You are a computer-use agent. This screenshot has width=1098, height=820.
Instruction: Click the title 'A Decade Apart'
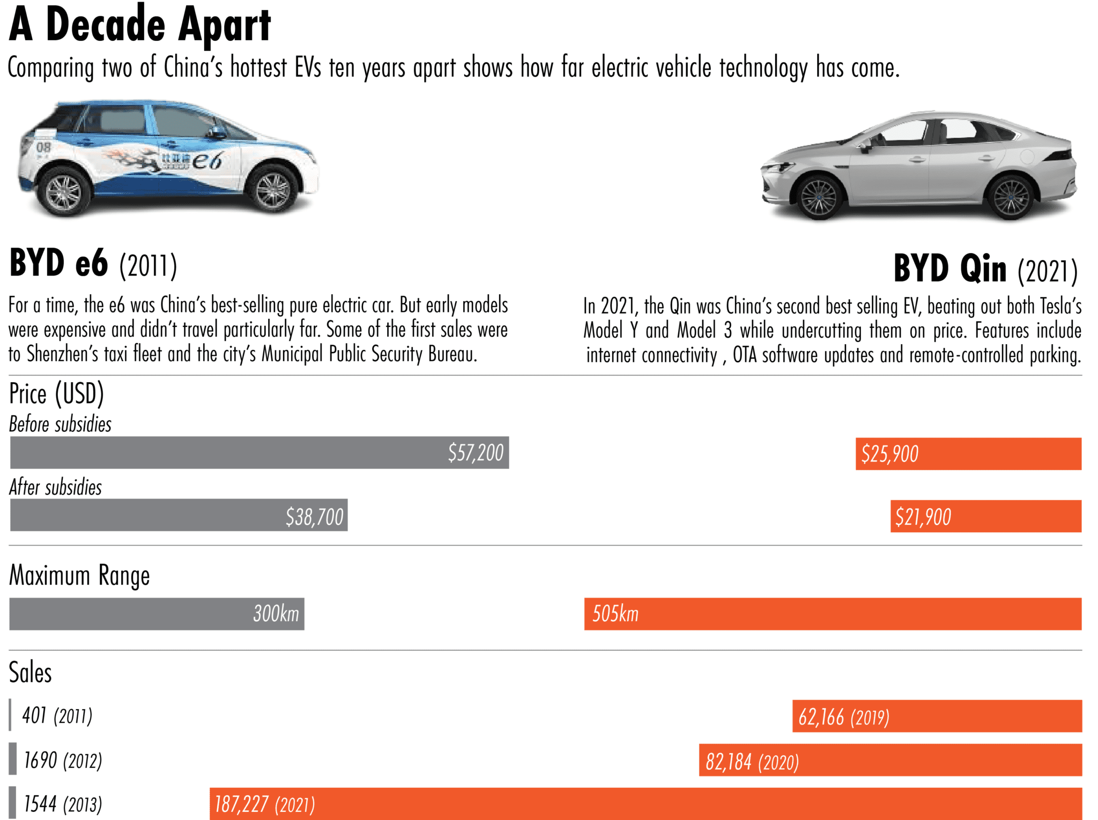(x=140, y=24)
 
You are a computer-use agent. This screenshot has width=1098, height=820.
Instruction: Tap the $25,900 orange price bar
(x=968, y=454)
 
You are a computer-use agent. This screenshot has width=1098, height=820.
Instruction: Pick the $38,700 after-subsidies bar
(x=179, y=516)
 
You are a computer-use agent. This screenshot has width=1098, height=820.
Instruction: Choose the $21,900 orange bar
(x=985, y=516)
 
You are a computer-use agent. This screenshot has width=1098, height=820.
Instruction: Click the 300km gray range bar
(x=157, y=614)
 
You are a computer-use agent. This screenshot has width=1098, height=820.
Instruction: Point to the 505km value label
(x=615, y=614)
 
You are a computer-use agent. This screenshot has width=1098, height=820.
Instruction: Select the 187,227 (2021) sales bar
(x=646, y=803)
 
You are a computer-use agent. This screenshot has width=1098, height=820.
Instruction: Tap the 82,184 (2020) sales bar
(x=890, y=760)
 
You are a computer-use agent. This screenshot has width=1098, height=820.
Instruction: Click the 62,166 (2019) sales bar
(x=937, y=716)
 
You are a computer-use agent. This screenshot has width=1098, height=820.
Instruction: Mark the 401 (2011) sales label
(x=57, y=715)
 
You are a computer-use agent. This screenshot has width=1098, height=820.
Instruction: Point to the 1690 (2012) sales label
(x=63, y=760)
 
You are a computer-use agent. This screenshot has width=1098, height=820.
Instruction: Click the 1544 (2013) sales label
(x=63, y=804)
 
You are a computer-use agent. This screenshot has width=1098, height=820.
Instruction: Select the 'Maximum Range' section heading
(x=79, y=576)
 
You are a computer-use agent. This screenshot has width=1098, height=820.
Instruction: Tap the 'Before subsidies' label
(x=60, y=424)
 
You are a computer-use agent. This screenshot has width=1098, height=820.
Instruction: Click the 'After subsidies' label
(x=55, y=487)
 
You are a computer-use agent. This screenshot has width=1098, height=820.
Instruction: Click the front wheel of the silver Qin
(x=818, y=197)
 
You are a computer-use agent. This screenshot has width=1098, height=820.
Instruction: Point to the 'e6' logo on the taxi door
(x=206, y=160)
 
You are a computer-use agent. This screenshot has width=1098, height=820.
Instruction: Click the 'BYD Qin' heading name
(x=949, y=269)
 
